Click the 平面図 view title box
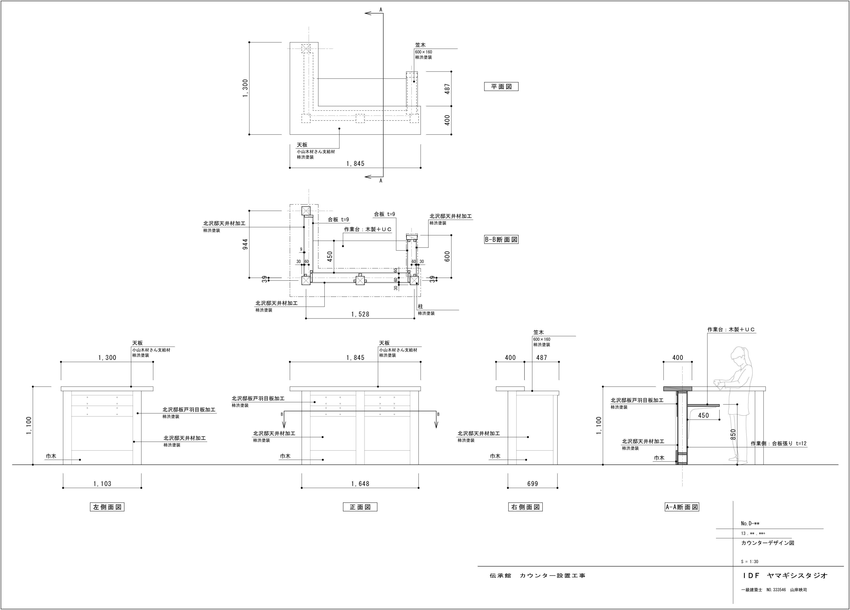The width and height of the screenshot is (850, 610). click(x=501, y=87)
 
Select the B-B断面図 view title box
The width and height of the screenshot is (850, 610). click(x=501, y=240)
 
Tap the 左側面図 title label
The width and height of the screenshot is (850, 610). click(x=107, y=507)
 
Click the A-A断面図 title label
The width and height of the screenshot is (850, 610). click(x=682, y=507)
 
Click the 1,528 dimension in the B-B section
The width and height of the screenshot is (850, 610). click(x=360, y=314)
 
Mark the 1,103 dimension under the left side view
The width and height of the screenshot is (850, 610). click(x=102, y=484)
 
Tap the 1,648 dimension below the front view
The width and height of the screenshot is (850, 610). click(x=360, y=484)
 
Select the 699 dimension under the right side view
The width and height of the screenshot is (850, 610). click(x=533, y=484)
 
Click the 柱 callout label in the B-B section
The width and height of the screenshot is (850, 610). click(x=421, y=307)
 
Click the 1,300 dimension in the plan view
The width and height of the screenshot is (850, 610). click(x=245, y=88)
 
